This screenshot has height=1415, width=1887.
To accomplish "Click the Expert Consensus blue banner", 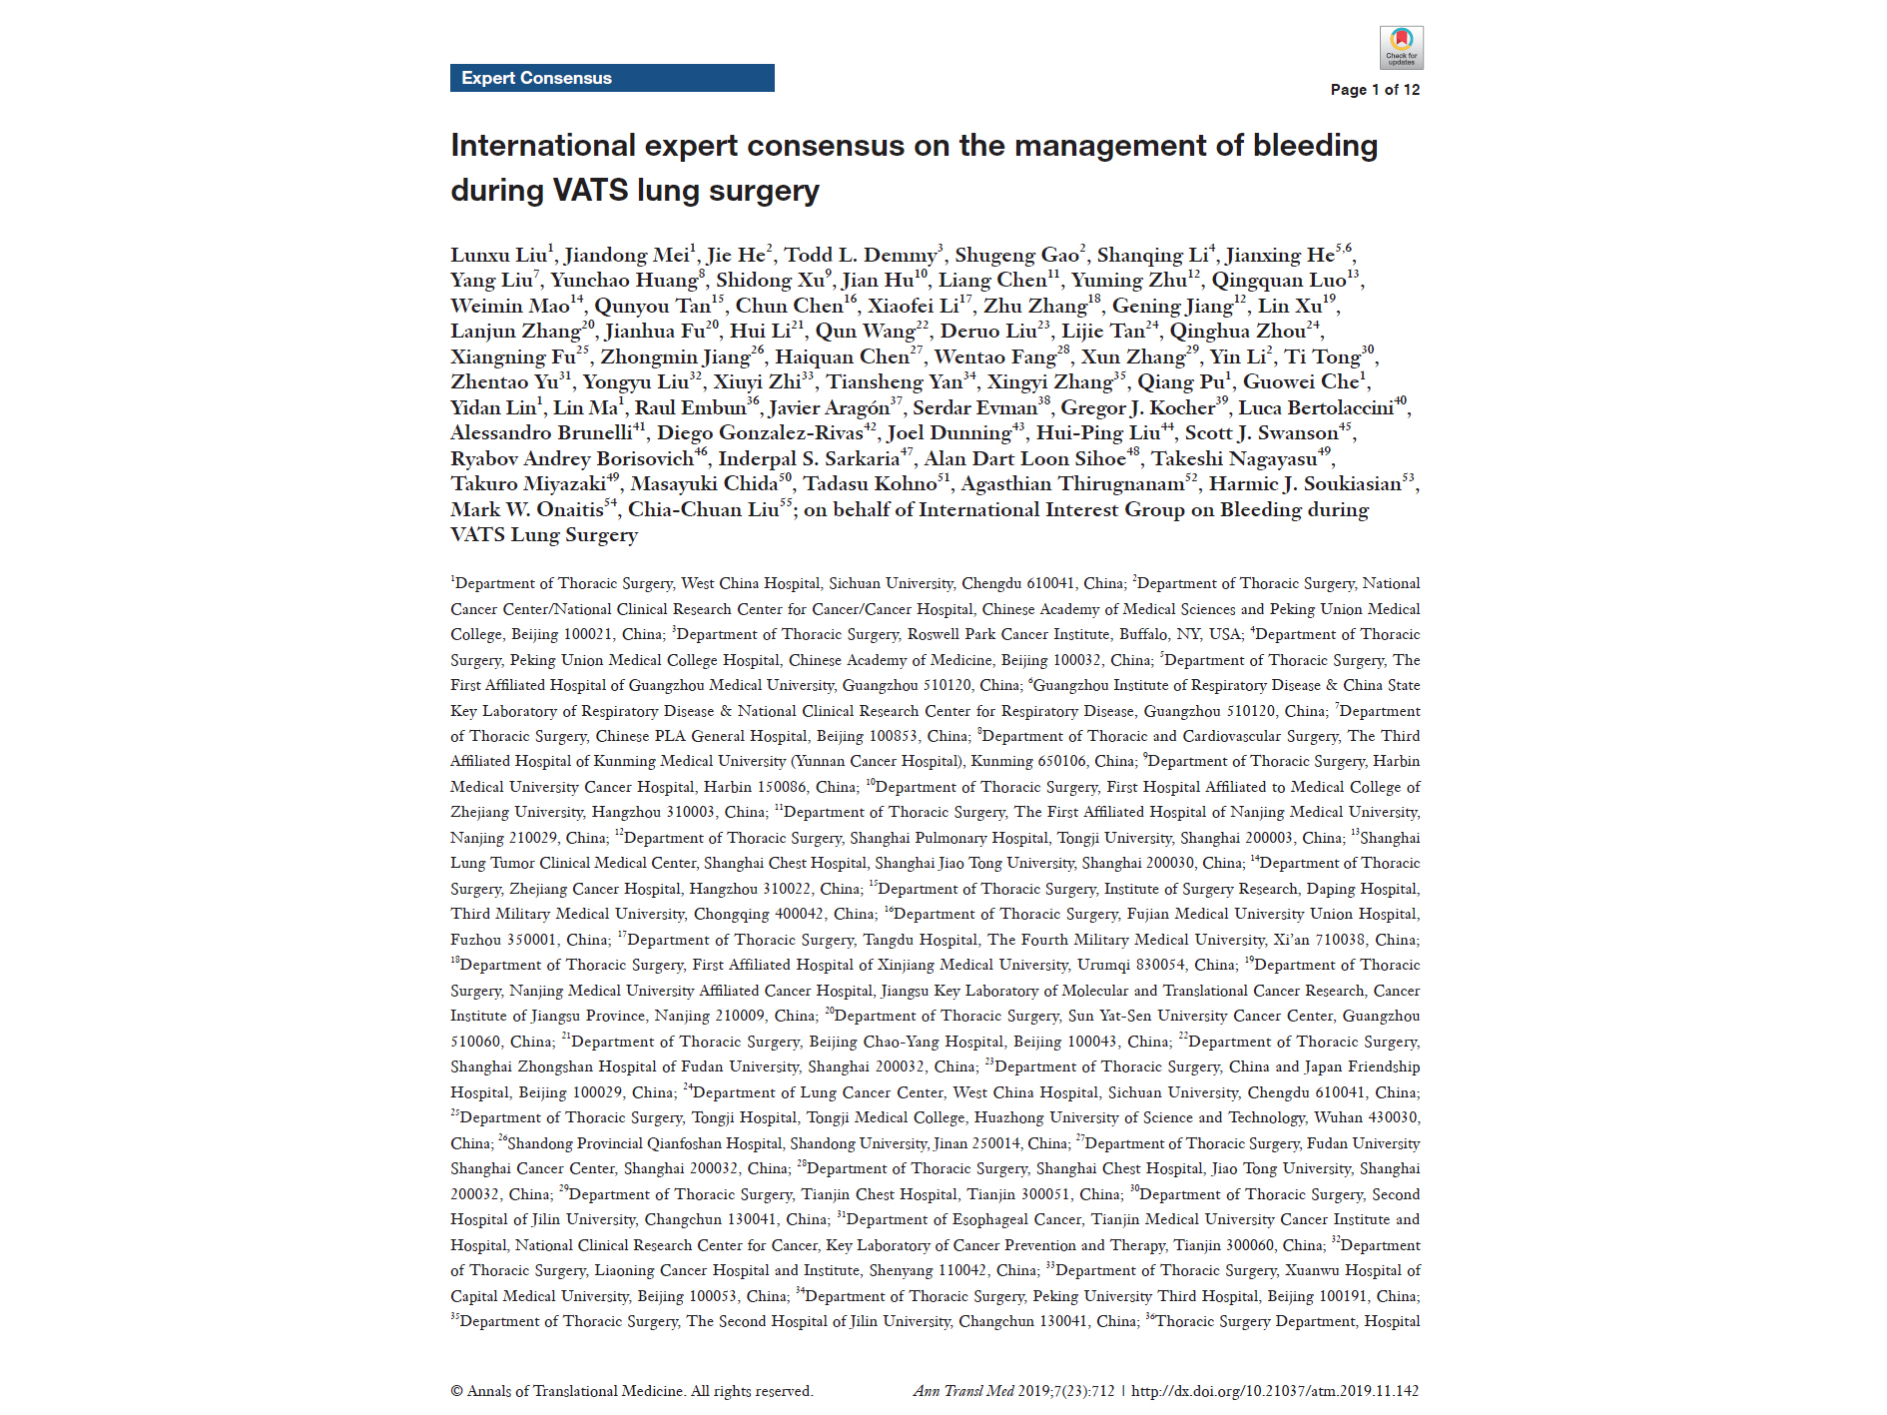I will (611, 78).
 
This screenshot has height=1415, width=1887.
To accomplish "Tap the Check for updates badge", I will (1401, 47).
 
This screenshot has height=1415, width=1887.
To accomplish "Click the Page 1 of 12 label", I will (1374, 90).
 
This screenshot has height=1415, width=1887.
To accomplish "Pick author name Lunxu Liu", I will (498, 256).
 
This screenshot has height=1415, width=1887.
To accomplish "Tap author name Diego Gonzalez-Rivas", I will (759, 433).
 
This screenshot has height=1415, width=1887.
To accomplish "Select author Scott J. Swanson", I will (1261, 433).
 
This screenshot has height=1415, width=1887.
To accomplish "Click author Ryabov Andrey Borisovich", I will (571, 459).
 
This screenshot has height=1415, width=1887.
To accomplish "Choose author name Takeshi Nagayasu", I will (1234, 459).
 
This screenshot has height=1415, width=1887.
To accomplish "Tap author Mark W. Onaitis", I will (526, 510).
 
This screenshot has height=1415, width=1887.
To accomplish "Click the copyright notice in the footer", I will (631, 1391).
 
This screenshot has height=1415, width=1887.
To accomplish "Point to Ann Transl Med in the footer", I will (962, 1391).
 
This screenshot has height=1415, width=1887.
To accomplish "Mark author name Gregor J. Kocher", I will (1137, 408).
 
